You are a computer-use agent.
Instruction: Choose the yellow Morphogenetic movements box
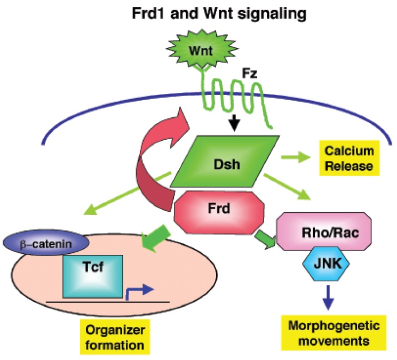(325, 332)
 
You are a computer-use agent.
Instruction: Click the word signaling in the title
(272, 14)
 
